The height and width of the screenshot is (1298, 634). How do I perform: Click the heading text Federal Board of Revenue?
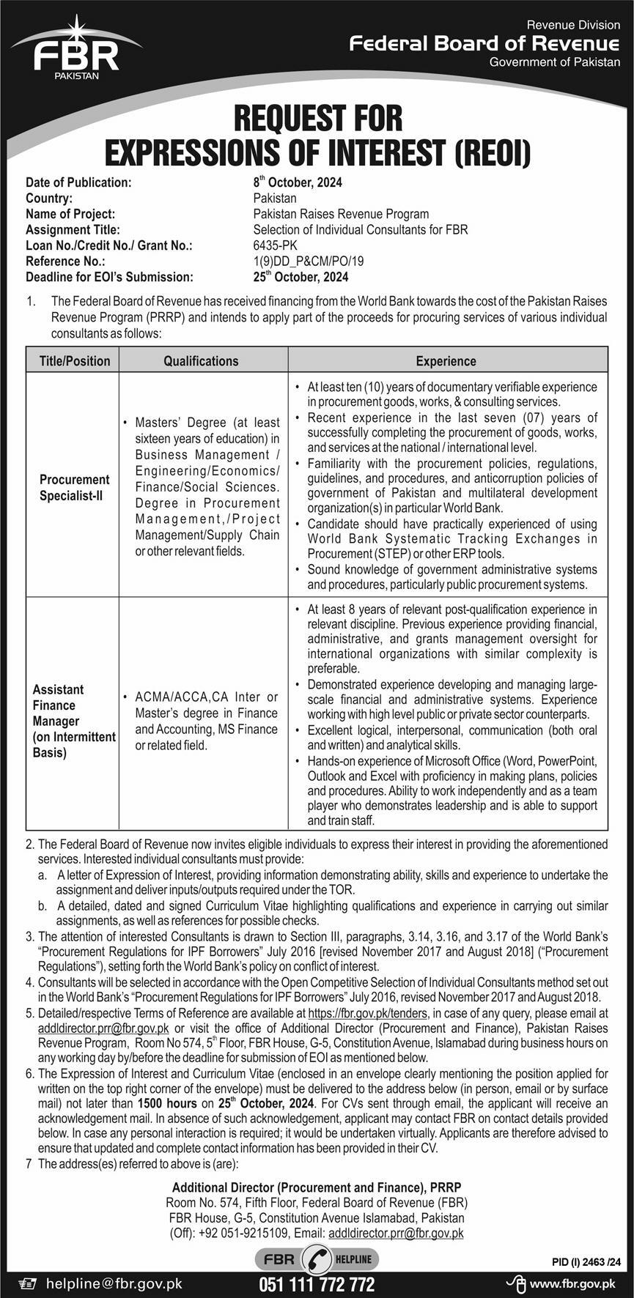pyautogui.click(x=484, y=43)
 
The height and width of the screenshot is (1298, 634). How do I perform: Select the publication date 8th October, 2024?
pyautogui.click(x=297, y=182)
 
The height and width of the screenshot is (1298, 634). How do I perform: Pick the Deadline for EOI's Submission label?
pyautogui.click(x=110, y=277)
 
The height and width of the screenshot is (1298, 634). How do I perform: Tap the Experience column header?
pyautogui.click(x=446, y=361)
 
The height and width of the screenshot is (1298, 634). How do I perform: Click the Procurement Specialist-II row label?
pyautogui.click(x=75, y=487)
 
